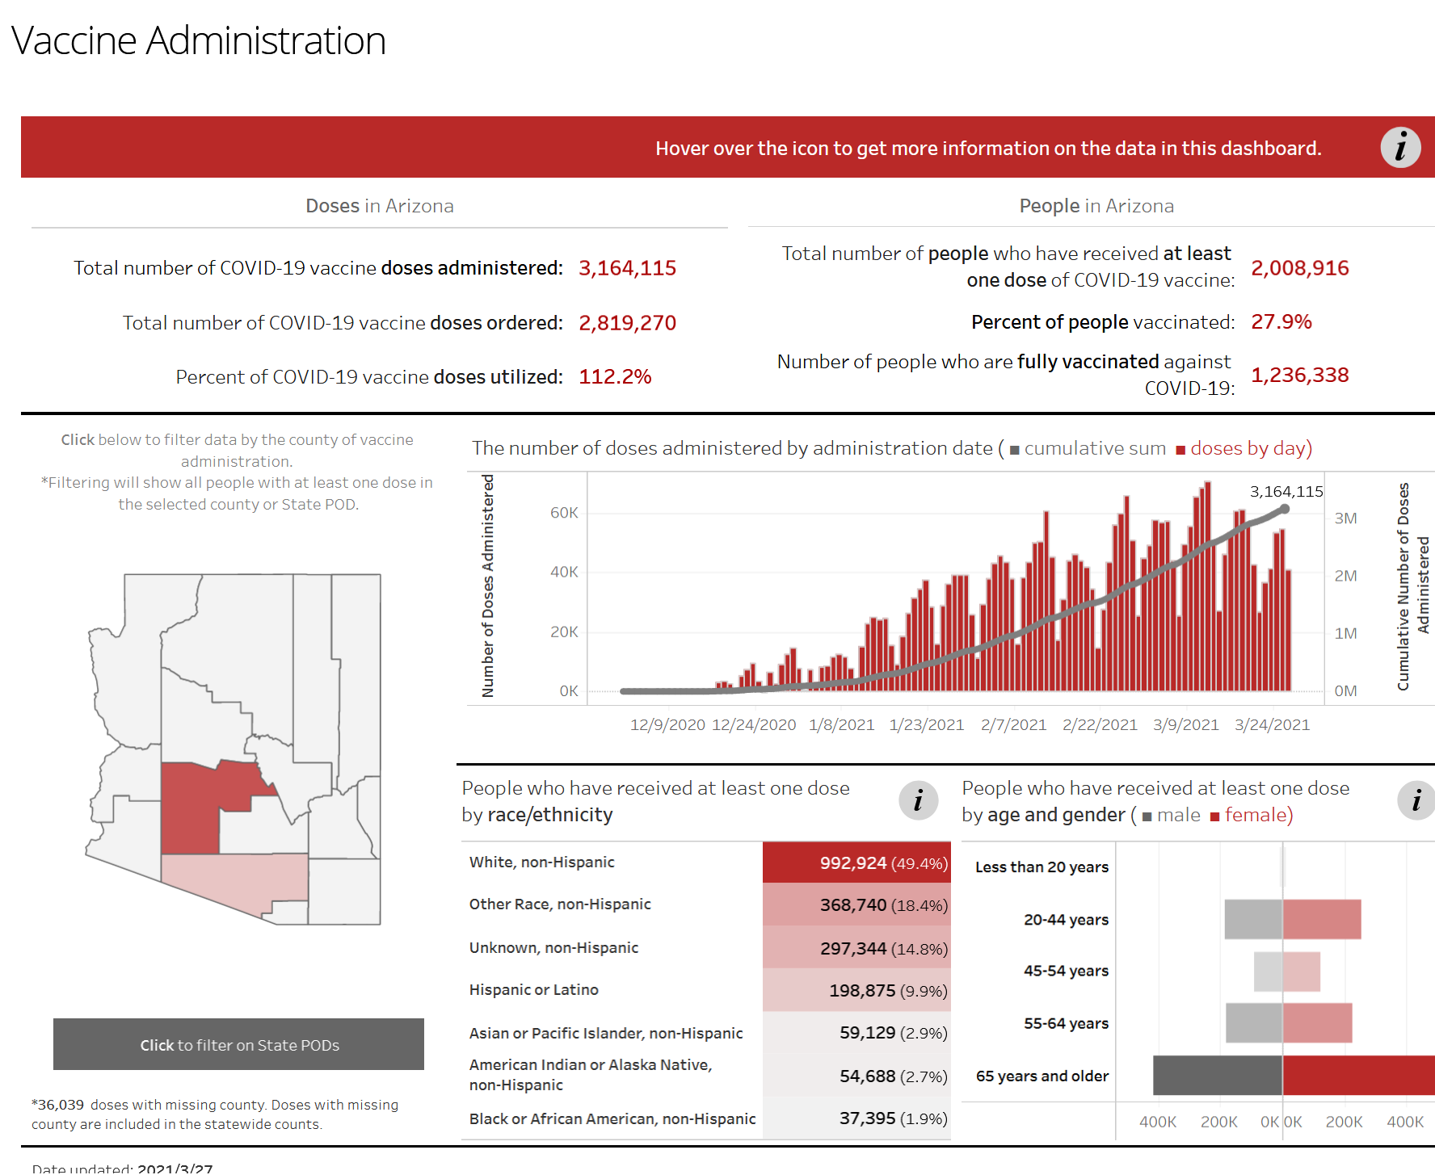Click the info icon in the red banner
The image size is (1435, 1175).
coord(1400,147)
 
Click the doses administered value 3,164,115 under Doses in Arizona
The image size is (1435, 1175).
coord(627,268)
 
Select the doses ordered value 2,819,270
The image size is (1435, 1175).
coord(627,323)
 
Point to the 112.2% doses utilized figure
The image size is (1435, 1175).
coord(615,377)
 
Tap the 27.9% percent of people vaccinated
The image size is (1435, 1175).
coord(1281,321)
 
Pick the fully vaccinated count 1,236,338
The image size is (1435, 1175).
coord(1299,375)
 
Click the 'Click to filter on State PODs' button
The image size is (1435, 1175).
coord(238,1044)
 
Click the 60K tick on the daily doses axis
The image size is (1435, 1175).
coord(564,513)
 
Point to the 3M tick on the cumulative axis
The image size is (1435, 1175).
coord(1345,518)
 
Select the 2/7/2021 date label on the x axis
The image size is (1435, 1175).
coord(1013,724)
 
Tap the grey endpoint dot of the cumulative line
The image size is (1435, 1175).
coord(1285,510)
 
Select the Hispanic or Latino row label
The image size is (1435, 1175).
coord(534,989)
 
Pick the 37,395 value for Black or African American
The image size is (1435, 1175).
coord(867,1118)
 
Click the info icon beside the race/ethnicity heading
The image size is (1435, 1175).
coord(918,801)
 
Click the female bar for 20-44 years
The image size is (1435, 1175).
coord(1321,919)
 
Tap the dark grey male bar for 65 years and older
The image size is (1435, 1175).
coord(1217,1076)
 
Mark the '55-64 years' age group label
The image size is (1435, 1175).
coord(1066,1023)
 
